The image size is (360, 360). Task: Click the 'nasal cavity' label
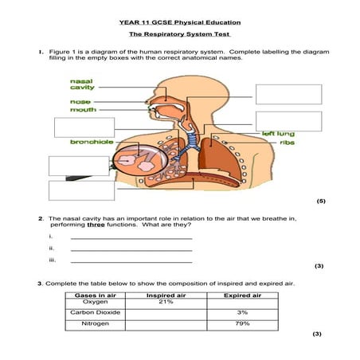(82, 84)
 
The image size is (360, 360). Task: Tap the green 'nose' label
(80, 102)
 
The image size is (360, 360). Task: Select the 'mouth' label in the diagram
(83, 110)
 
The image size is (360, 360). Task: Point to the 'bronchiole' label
(92, 142)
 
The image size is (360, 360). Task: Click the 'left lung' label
(278, 134)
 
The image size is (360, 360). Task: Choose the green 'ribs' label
(288, 143)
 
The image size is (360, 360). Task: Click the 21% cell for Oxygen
(166, 302)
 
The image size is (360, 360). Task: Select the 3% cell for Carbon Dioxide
(242, 312)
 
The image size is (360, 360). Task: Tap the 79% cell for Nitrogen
(242, 323)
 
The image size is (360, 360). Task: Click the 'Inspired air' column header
(166, 295)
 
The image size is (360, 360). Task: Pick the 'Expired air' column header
(243, 295)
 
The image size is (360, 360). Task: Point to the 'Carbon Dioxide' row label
(95, 312)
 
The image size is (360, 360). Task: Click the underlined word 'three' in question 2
(96, 225)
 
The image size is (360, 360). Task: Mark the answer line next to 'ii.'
(131, 251)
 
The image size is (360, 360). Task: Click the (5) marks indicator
(321, 201)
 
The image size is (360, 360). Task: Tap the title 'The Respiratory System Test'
(180, 34)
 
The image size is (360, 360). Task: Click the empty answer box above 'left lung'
(289, 121)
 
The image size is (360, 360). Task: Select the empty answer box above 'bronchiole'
(84, 127)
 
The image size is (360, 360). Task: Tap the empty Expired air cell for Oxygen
(243, 304)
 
